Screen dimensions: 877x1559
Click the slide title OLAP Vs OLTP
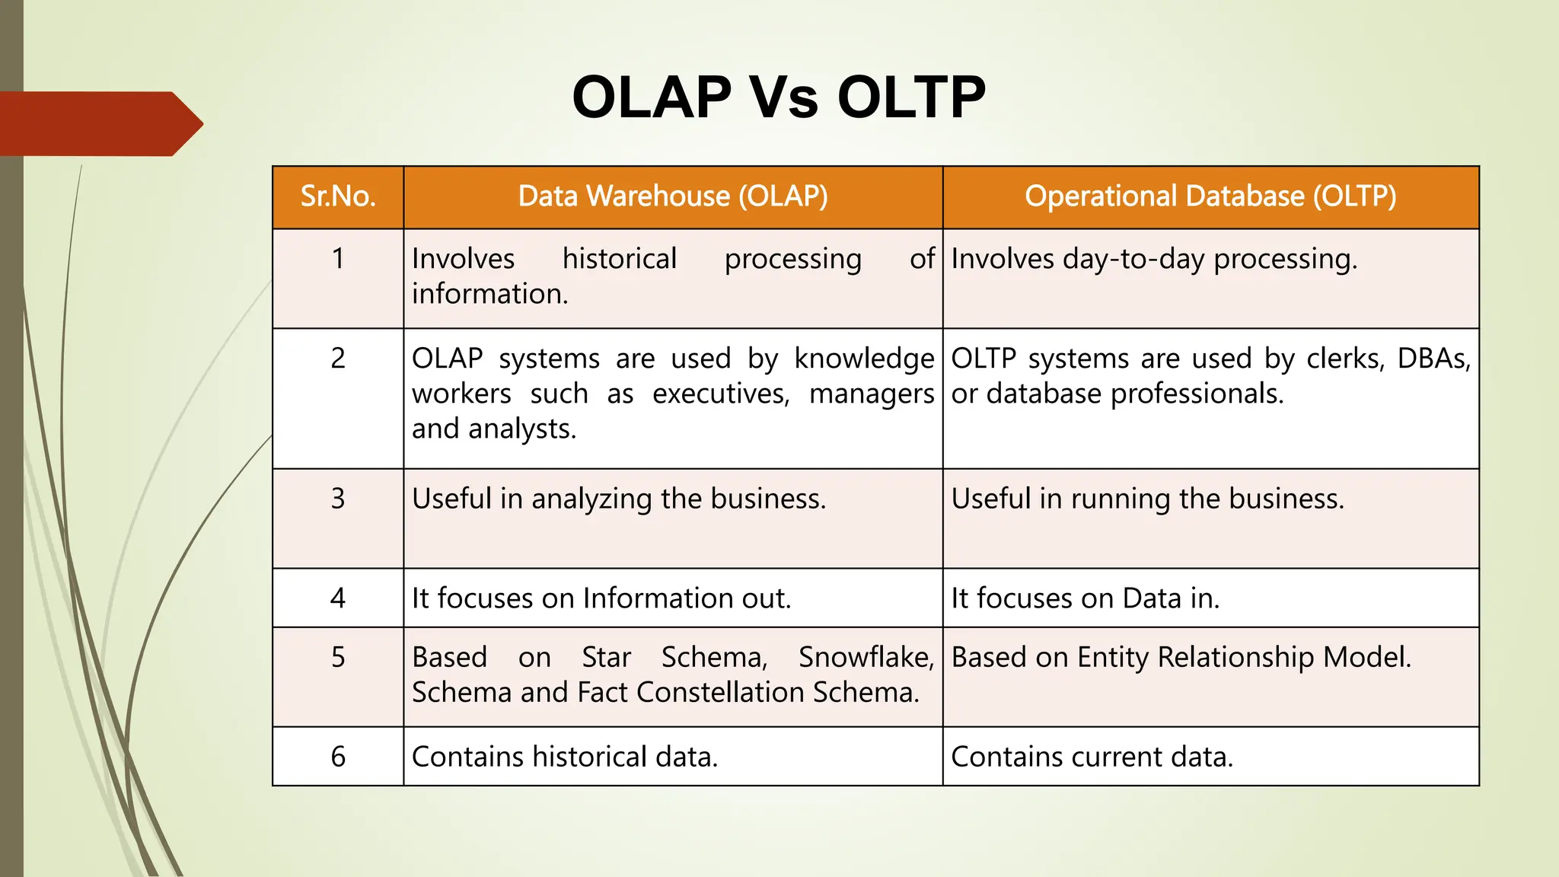coord(778,97)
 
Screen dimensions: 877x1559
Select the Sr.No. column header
coord(338,196)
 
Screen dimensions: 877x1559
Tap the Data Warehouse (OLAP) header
coord(673,196)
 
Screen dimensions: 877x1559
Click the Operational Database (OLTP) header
coord(1210,196)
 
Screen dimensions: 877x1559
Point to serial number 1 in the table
coord(338,259)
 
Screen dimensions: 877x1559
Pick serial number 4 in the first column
coord(338,598)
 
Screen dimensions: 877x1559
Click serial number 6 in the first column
coord(338,757)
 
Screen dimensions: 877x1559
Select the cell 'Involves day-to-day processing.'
coord(1154,260)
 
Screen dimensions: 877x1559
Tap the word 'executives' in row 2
coord(720,394)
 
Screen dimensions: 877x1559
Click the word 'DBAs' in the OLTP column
coord(1433,359)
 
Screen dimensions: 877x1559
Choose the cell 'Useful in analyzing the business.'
coord(618,499)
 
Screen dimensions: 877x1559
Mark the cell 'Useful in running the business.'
coord(1147,499)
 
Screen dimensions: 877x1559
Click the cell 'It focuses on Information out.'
coord(601,598)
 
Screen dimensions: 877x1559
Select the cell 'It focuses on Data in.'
coord(1085,598)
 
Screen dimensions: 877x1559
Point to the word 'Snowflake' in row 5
coord(865,657)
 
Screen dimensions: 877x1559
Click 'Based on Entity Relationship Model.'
coord(1181,657)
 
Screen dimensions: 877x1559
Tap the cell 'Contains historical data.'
coord(565,757)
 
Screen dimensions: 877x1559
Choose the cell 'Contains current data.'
coord(1092,757)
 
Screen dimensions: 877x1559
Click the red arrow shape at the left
coord(99,123)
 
